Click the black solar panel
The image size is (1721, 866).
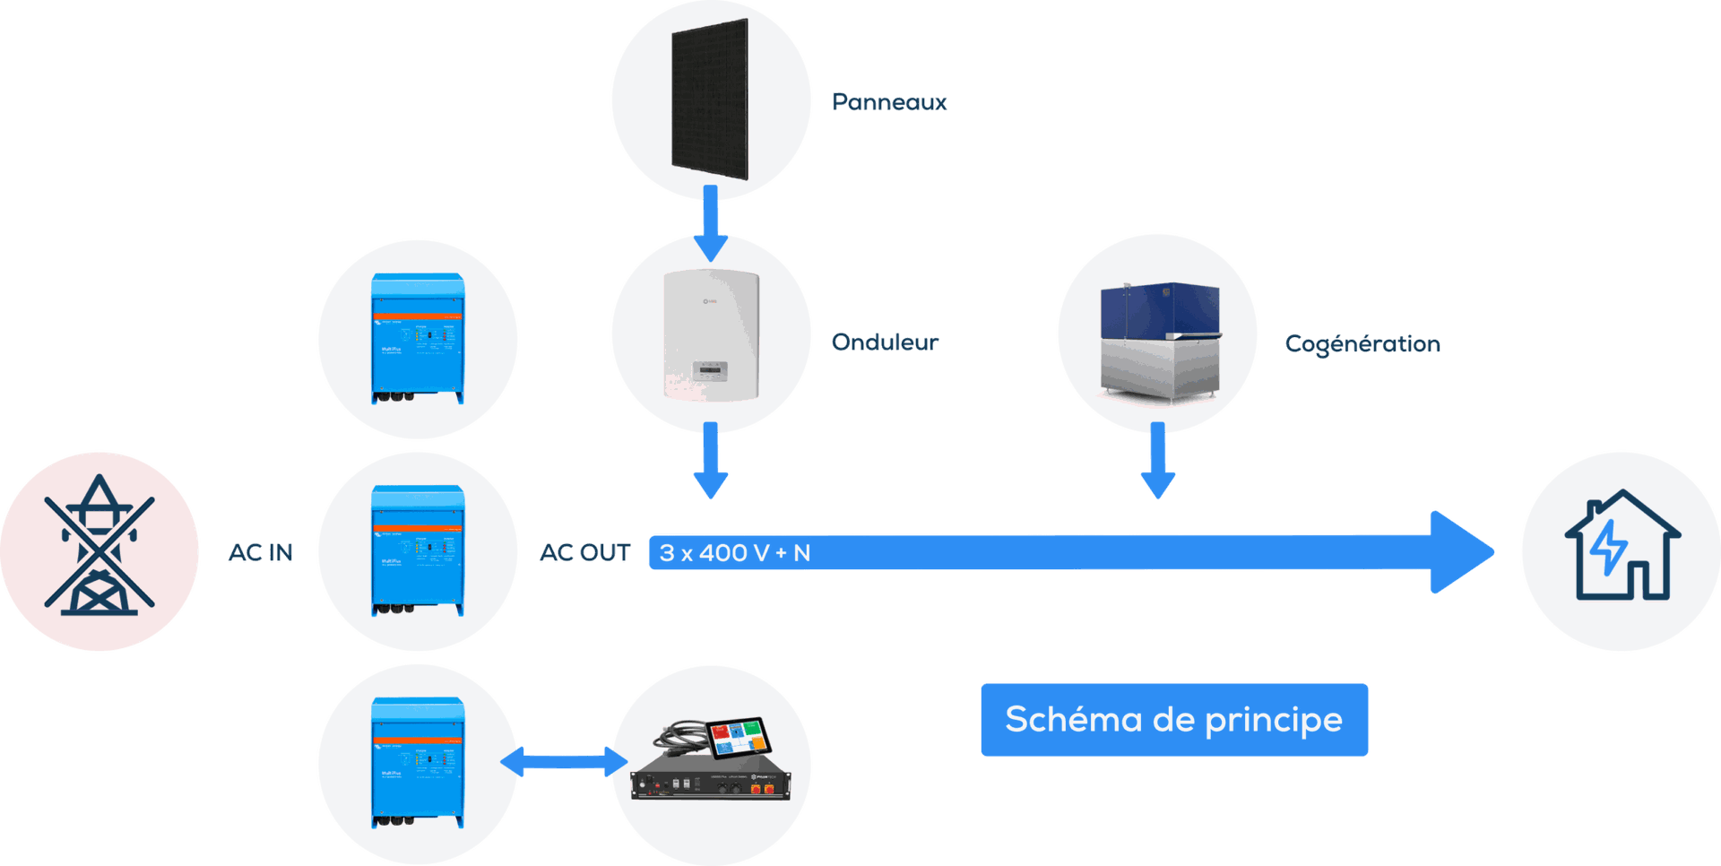point(710,99)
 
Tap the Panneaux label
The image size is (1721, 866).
point(889,102)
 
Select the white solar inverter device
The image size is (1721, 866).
point(712,335)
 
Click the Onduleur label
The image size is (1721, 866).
point(885,342)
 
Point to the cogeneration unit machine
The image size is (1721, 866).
point(1160,341)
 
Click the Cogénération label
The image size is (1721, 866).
point(1362,343)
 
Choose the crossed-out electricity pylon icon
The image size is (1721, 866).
point(99,549)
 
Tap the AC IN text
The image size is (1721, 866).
point(261,552)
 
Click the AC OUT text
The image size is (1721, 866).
point(585,553)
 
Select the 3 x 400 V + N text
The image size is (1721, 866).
point(735,553)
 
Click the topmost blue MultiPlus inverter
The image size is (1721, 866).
point(418,339)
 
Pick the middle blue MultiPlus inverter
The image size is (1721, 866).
point(418,550)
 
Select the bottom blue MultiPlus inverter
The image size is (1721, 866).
point(418,764)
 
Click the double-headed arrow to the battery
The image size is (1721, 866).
point(564,762)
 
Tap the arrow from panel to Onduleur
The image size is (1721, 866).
point(711,221)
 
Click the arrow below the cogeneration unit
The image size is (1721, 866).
point(1158,459)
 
